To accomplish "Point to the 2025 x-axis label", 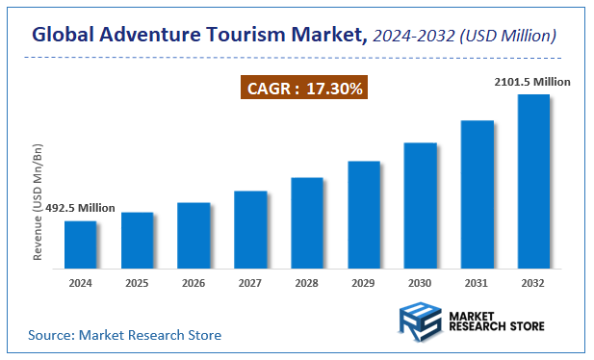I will (x=137, y=283).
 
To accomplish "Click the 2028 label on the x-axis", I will (x=307, y=283).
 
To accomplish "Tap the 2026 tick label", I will (x=194, y=283).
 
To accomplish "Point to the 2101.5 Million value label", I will (x=533, y=82).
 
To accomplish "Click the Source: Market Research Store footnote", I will (x=124, y=335).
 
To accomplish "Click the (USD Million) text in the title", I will (x=508, y=37).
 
